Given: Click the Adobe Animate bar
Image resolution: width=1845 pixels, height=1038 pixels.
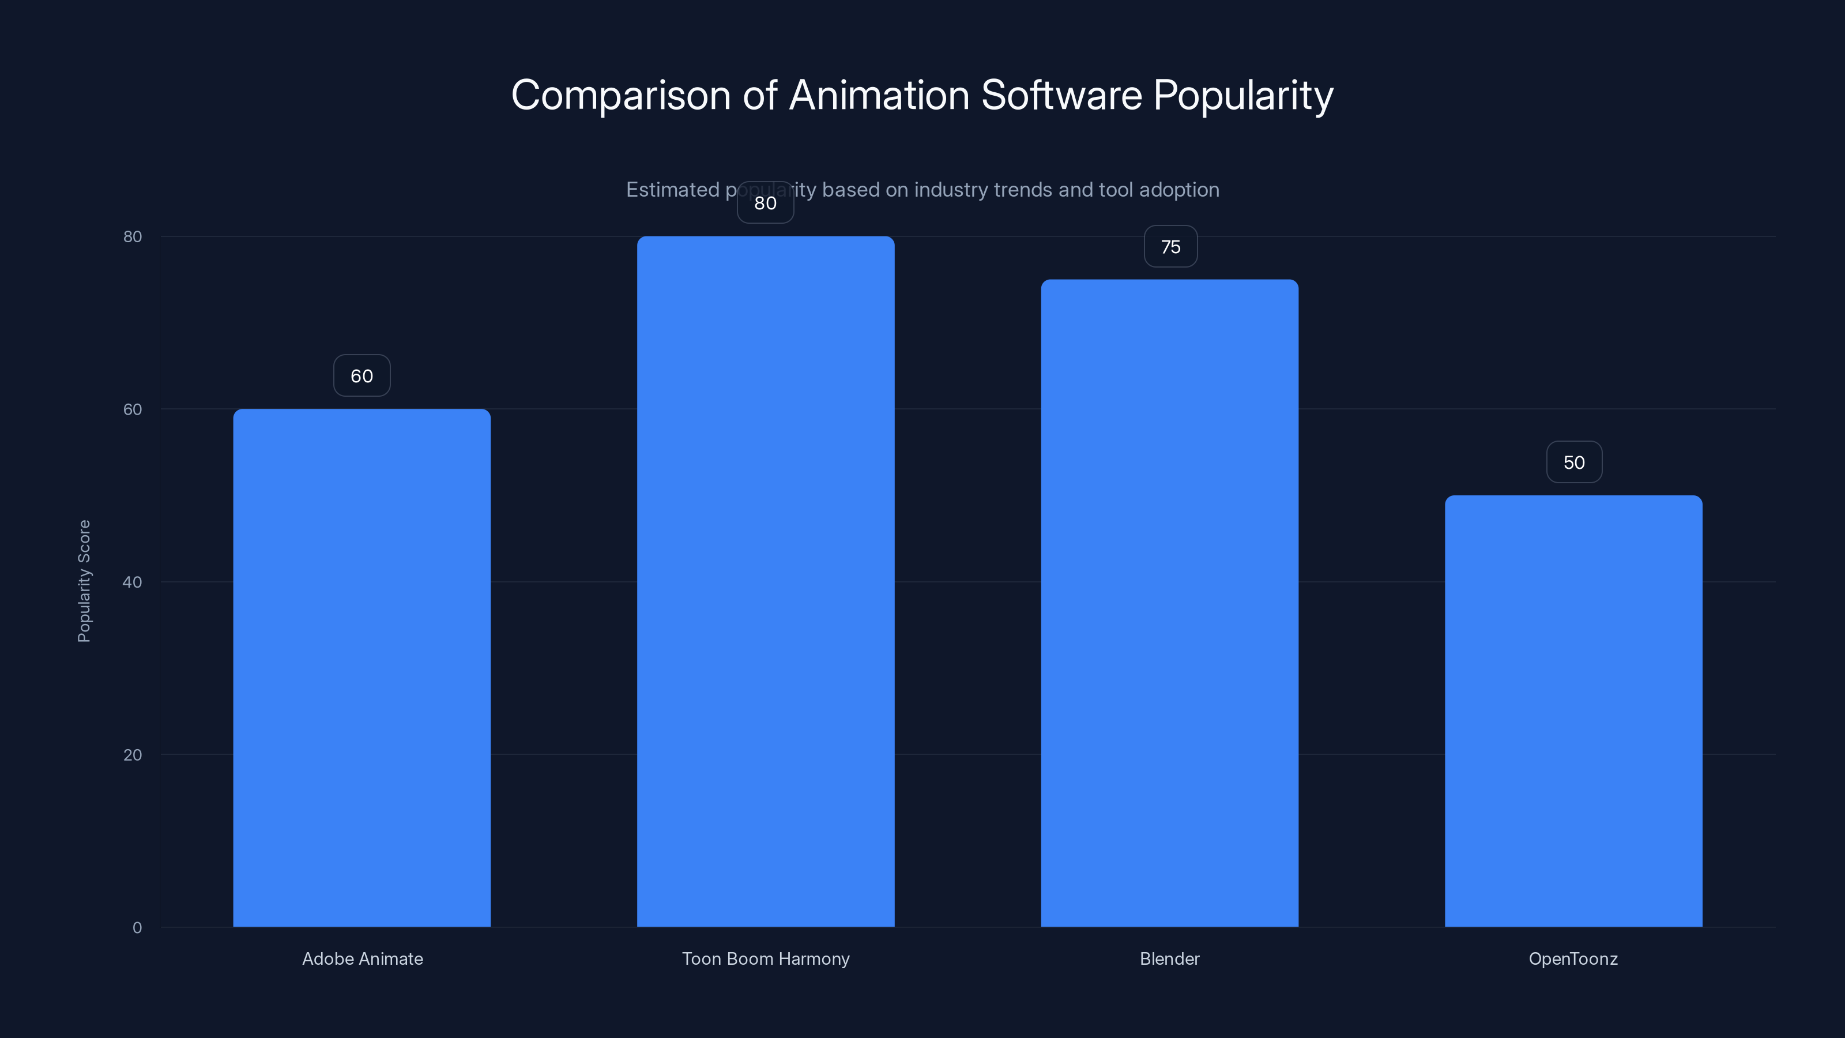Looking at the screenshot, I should tap(362, 668).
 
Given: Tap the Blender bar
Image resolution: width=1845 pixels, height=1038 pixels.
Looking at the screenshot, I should tap(1170, 603).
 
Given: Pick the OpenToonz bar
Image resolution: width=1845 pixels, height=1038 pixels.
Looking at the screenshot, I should tap(1573, 710).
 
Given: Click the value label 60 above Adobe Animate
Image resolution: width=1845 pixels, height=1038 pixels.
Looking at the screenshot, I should tap(362, 376).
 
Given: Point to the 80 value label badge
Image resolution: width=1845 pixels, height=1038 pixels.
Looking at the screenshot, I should tap(766, 204).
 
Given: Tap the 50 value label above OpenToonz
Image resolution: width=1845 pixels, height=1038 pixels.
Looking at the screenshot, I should tap(1573, 462).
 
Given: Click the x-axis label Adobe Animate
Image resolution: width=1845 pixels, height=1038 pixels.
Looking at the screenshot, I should tap(363, 958).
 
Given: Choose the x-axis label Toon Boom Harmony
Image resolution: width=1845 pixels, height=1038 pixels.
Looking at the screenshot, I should tap(766, 958).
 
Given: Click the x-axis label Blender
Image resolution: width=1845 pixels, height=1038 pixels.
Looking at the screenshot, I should tap(1170, 958).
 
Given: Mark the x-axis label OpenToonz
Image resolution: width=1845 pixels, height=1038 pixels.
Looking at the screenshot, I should tap(1573, 958).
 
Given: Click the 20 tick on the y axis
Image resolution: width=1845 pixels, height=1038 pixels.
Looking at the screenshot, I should tap(133, 755).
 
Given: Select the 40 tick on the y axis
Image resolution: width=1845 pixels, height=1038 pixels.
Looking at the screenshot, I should tap(133, 582).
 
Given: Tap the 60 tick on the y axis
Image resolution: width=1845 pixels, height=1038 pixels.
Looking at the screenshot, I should tap(133, 409).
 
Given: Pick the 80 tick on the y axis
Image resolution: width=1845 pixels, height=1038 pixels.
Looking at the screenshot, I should tap(133, 236).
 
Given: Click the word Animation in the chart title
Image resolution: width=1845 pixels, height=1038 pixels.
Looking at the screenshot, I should tap(879, 95).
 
